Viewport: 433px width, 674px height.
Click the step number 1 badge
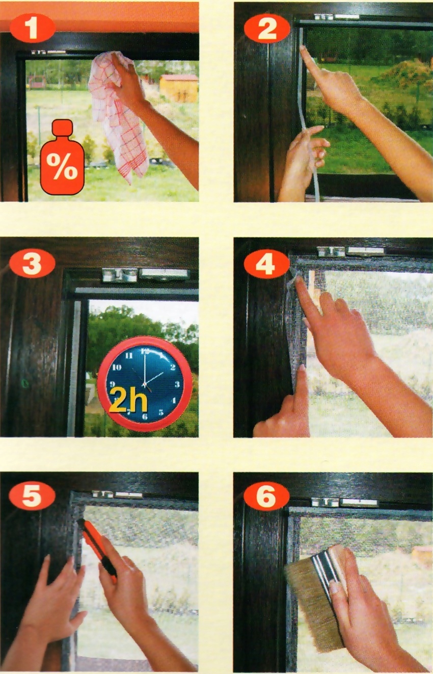(x=33, y=29)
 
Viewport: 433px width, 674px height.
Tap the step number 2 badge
(x=267, y=29)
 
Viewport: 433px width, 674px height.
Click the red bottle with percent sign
(x=62, y=157)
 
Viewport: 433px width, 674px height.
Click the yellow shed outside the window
(x=179, y=88)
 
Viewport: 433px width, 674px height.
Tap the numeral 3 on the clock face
(x=177, y=384)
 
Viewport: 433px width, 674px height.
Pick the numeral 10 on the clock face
(x=117, y=368)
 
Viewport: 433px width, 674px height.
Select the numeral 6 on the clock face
(x=145, y=417)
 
